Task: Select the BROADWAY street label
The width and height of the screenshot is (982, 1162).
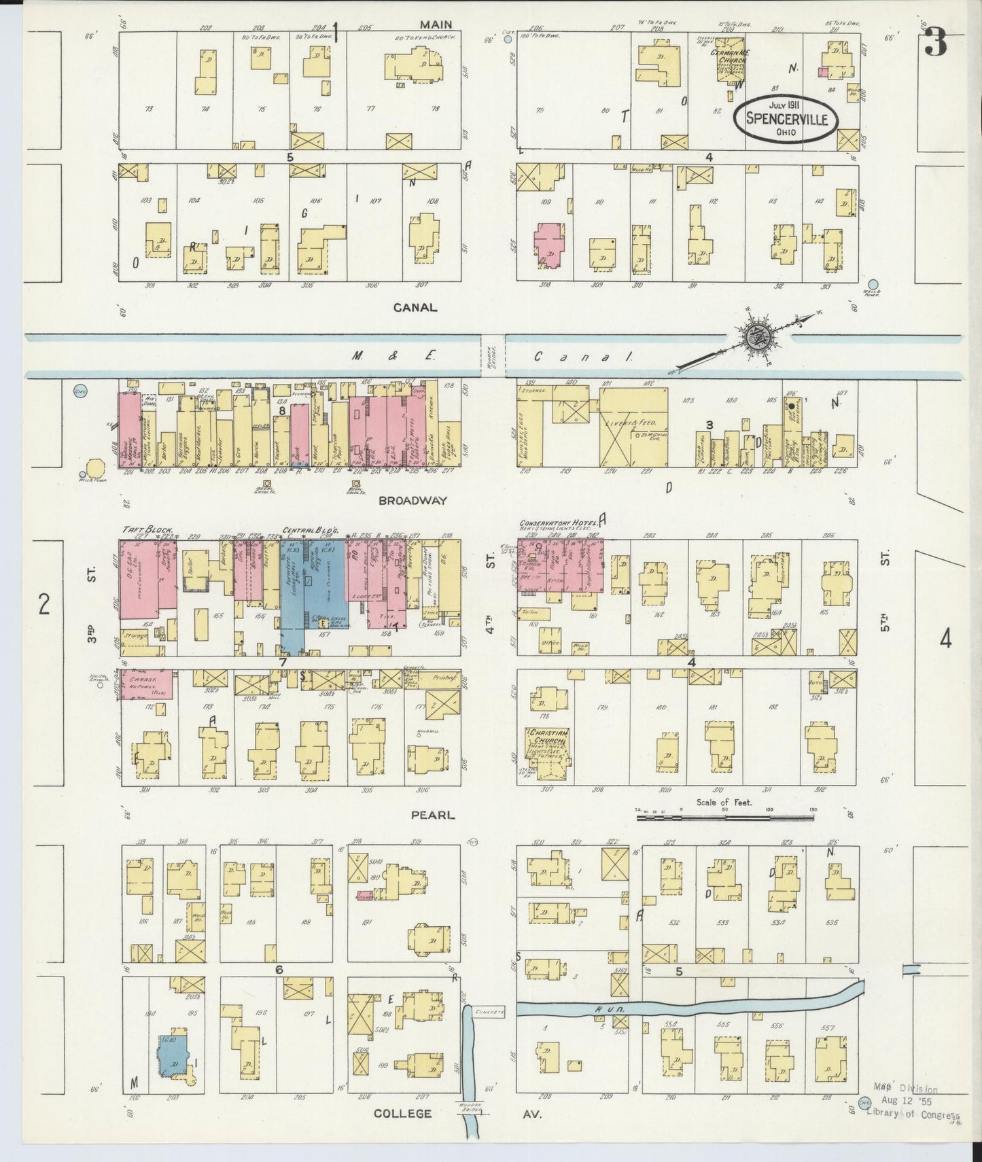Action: click(413, 500)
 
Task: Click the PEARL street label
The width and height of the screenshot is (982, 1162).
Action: click(436, 815)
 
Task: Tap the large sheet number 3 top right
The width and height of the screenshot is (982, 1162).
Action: click(935, 43)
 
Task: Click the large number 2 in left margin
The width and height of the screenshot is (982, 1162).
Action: click(43, 603)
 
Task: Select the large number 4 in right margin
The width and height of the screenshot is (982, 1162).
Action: click(945, 639)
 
